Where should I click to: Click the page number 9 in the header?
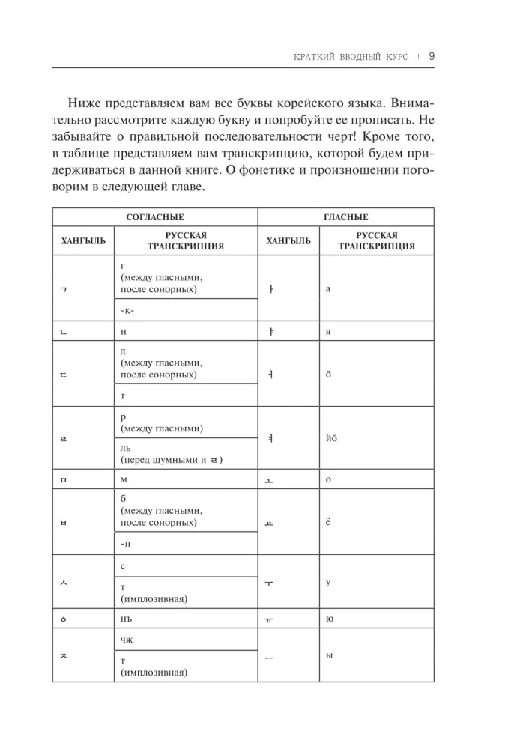(432, 55)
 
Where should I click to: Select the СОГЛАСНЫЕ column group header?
(154, 217)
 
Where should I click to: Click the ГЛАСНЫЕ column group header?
(345, 217)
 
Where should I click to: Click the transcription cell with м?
(124, 479)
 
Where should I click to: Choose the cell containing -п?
(126, 542)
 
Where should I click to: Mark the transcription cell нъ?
(127, 619)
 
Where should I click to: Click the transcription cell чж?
(127, 640)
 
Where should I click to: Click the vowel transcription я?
(328, 330)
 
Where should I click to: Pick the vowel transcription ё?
(328, 521)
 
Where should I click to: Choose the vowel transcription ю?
(329, 619)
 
